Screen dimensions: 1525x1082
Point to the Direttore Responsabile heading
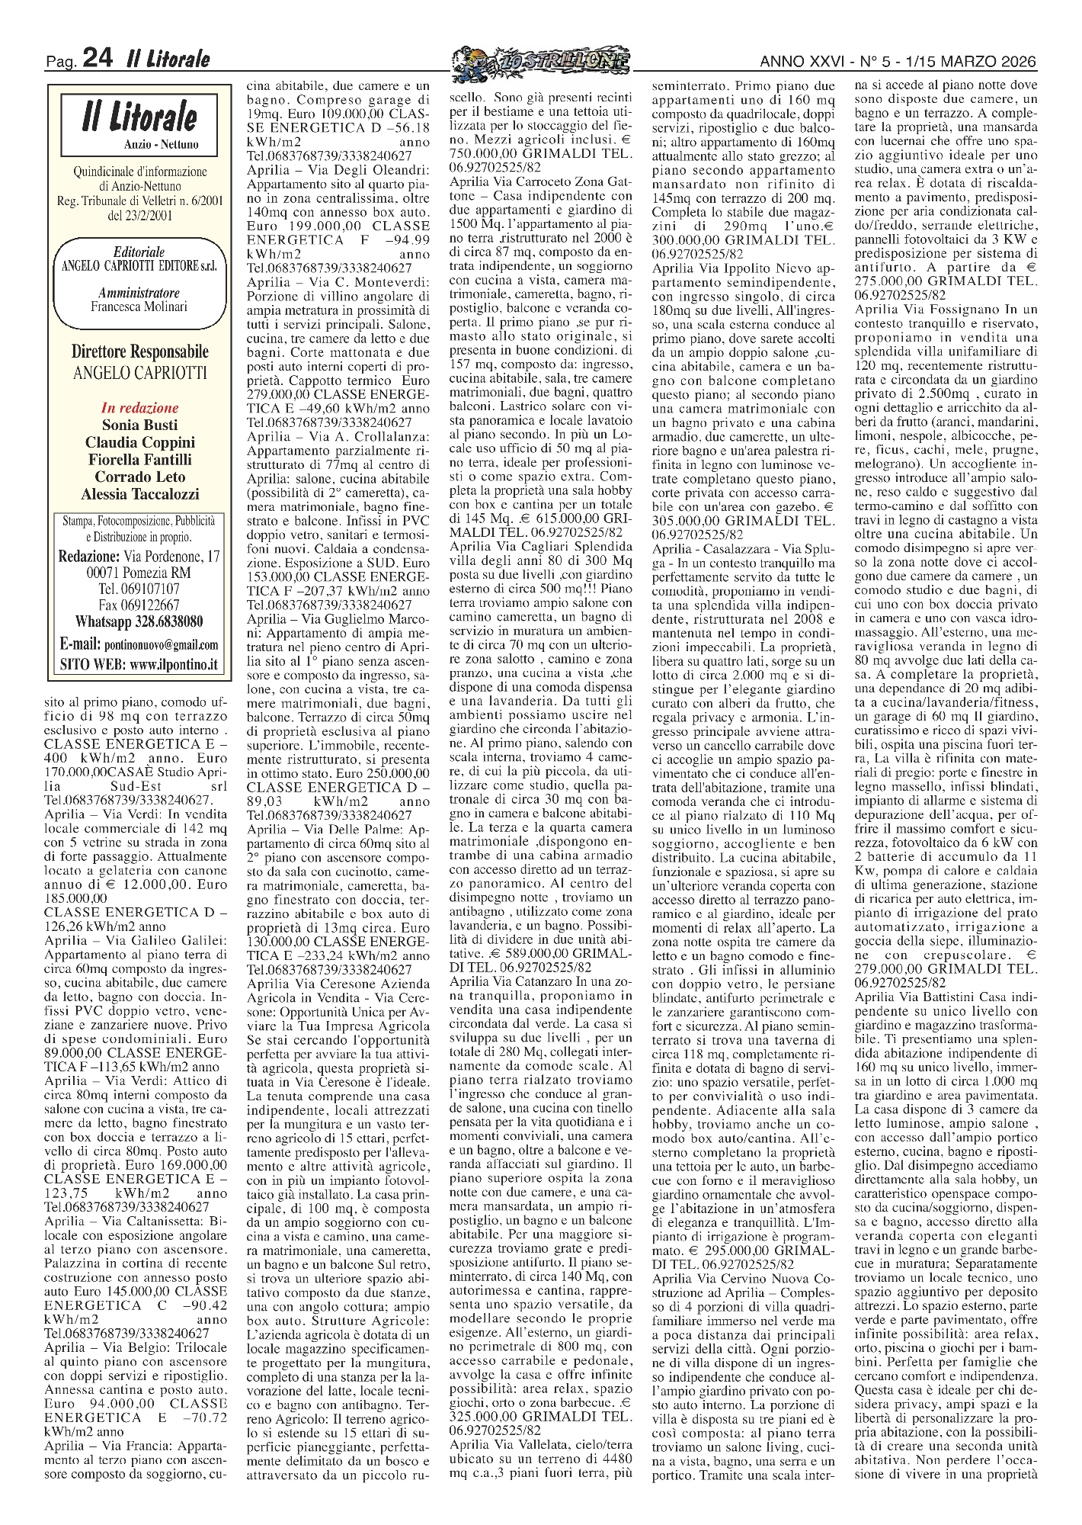(x=139, y=352)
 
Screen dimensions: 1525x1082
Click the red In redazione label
(x=139, y=408)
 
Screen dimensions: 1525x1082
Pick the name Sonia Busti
(x=139, y=425)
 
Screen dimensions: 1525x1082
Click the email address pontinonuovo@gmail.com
(x=162, y=644)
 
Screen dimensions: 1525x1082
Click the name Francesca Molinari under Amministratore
(x=139, y=307)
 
